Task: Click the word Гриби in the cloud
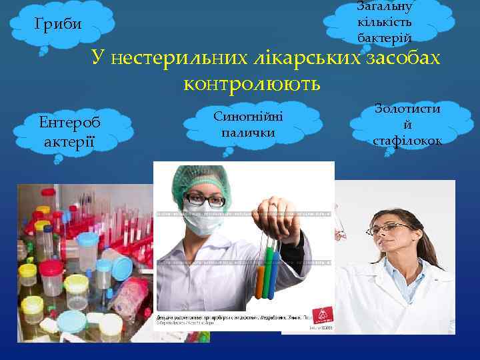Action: (58, 25)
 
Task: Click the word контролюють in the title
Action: (251, 84)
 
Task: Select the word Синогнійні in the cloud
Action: (248, 116)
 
